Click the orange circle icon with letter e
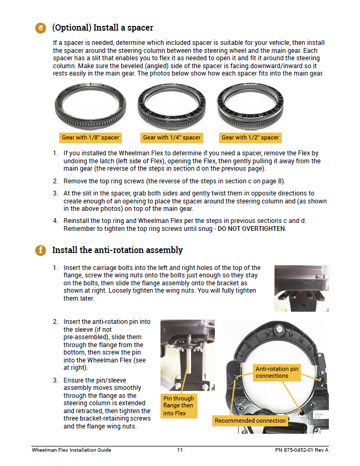(x=41, y=27)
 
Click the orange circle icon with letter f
(x=41, y=250)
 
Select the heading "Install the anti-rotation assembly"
(x=117, y=250)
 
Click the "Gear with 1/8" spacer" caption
(x=90, y=137)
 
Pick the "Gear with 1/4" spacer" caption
(x=172, y=137)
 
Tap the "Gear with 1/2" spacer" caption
(x=250, y=137)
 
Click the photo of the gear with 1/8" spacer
(x=90, y=107)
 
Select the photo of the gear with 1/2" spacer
(x=250, y=107)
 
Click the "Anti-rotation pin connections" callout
(x=277, y=372)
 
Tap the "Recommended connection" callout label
(x=250, y=421)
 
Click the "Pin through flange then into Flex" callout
(x=178, y=406)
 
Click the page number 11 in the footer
(x=180, y=450)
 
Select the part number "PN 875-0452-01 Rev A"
(x=301, y=450)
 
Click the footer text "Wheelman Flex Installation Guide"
(x=71, y=450)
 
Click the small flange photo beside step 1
(x=301, y=288)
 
